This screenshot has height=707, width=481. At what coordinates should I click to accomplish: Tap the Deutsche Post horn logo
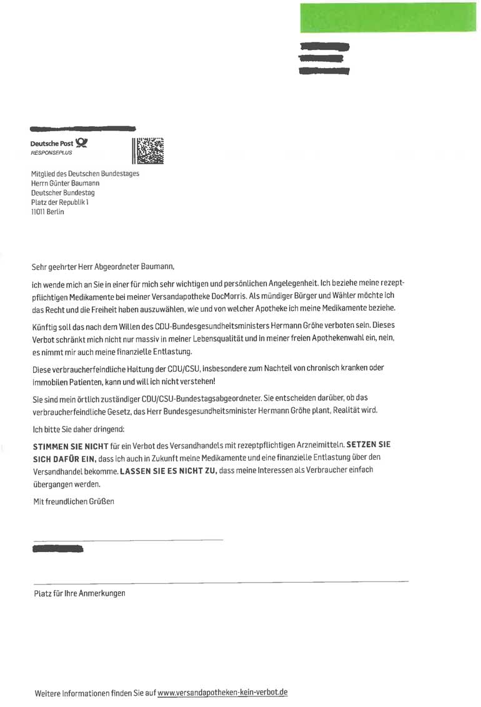point(81,143)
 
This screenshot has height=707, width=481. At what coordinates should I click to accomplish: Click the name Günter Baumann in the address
point(74,184)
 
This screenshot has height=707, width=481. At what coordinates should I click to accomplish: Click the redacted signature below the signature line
point(57,549)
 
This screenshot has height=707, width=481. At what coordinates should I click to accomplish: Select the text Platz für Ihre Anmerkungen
point(79,593)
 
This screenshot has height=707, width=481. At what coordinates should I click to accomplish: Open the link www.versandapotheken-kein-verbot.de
point(222,693)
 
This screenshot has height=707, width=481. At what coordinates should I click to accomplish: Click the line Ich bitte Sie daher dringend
point(79,429)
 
